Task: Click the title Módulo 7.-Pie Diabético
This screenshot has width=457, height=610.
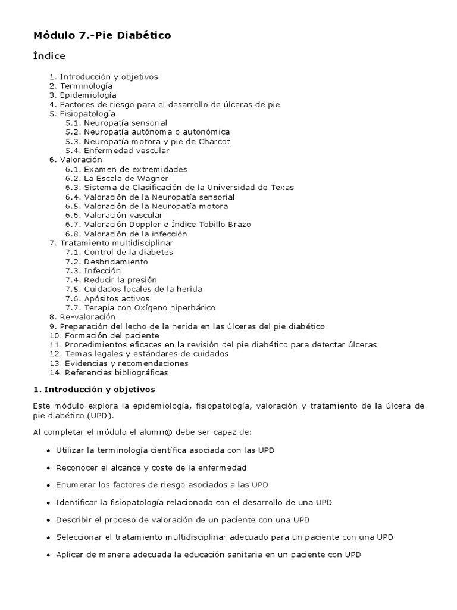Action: (x=102, y=36)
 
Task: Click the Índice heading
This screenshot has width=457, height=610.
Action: (x=49, y=57)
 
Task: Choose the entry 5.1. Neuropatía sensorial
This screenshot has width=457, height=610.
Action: (x=117, y=123)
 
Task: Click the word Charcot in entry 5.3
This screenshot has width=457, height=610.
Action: (x=215, y=141)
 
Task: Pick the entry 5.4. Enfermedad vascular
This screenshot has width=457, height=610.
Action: (x=114, y=151)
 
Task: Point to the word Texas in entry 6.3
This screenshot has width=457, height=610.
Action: (x=282, y=188)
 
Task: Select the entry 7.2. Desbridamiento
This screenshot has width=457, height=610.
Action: (x=107, y=262)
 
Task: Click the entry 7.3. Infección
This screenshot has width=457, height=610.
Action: (x=93, y=271)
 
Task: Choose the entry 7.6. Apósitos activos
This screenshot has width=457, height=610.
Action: (x=108, y=298)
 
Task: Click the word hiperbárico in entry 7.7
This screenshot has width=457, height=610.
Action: (x=191, y=308)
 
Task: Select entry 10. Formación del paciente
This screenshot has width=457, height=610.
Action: (x=104, y=335)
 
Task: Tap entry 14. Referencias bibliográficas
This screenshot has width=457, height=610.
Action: (x=109, y=372)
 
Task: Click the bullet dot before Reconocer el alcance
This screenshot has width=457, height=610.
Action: (x=47, y=468)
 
